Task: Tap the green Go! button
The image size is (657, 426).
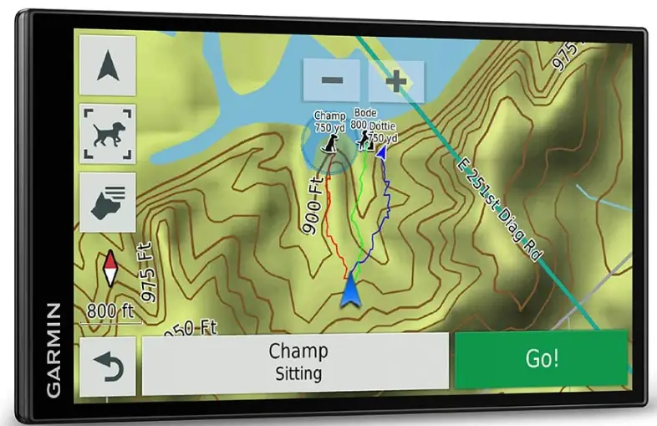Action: tap(541, 359)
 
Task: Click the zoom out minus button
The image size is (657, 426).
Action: tap(332, 81)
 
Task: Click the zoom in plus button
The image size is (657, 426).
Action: tap(395, 81)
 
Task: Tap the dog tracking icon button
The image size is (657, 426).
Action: tap(107, 133)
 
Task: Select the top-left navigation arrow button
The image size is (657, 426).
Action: tap(107, 65)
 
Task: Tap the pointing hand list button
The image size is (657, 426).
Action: tap(107, 201)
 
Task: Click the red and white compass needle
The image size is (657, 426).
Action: tap(109, 269)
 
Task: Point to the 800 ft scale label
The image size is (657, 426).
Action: tap(110, 311)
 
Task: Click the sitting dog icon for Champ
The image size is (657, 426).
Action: tap(332, 145)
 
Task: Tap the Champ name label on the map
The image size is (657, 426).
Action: tap(329, 115)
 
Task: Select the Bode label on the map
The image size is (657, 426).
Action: tap(365, 113)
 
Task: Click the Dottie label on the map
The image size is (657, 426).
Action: tap(384, 126)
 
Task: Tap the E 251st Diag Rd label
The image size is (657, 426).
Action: tap(499, 206)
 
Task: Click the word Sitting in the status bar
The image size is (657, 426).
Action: tap(298, 373)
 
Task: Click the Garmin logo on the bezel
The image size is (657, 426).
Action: tap(53, 350)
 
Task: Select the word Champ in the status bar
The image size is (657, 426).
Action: tap(298, 351)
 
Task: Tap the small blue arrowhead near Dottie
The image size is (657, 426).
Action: tap(381, 152)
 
